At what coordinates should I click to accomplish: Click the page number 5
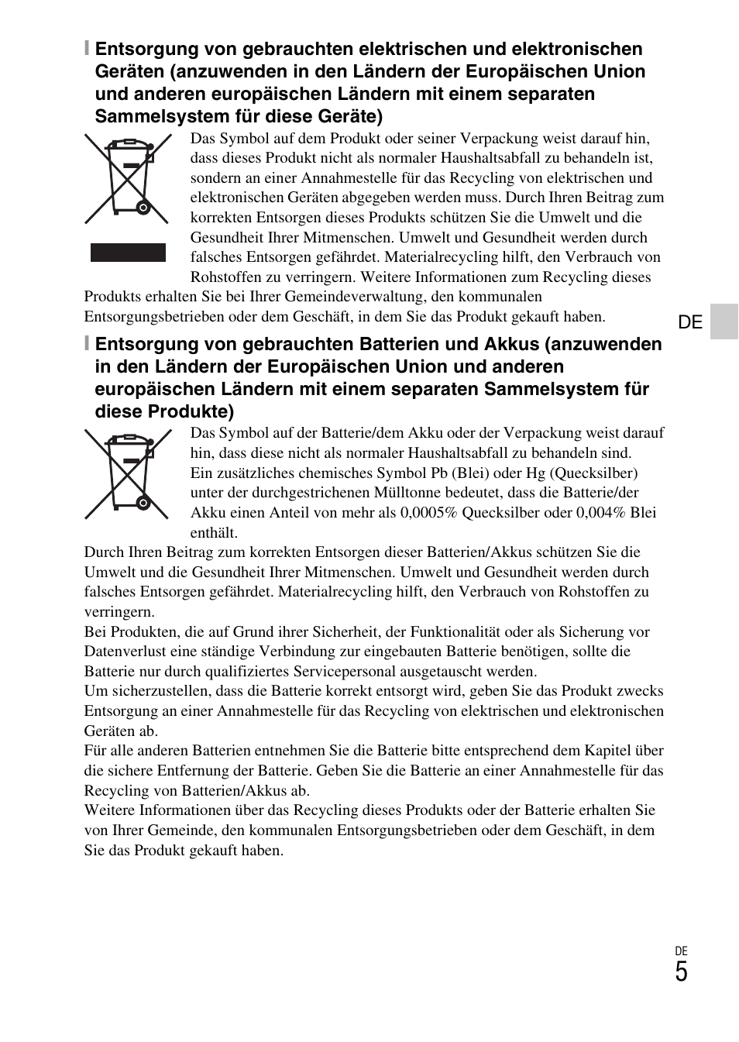(x=681, y=972)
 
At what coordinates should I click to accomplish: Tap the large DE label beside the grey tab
(x=689, y=322)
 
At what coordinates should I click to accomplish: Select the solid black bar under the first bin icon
(x=128, y=253)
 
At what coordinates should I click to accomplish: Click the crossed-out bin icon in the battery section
(x=128, y=473)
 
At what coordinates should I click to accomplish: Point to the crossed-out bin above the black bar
(x=128, y=179)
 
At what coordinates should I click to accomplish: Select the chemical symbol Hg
(x=536, y=473)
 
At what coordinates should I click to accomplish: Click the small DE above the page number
(x=681, y=951)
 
